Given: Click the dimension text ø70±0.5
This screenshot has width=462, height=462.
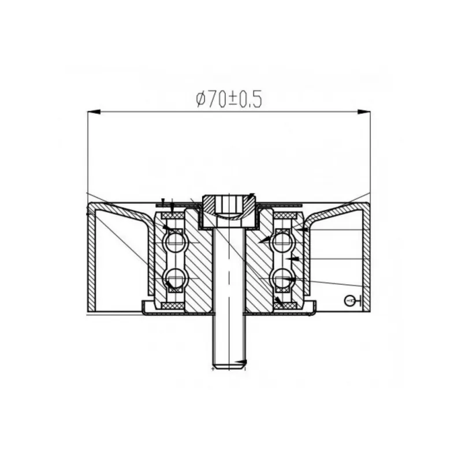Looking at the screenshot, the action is (229, 99).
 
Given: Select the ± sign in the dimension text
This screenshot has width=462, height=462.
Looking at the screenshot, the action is (233, 99).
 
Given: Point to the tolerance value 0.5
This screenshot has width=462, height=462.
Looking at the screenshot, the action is (250, 99).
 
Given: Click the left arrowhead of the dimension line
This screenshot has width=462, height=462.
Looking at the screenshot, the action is (94, 111).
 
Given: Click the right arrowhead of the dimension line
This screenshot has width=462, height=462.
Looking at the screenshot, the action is (364, 111).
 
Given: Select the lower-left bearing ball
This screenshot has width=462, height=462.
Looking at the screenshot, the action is (176, 278).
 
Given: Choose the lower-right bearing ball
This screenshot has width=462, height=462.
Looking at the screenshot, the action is (282, 278).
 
